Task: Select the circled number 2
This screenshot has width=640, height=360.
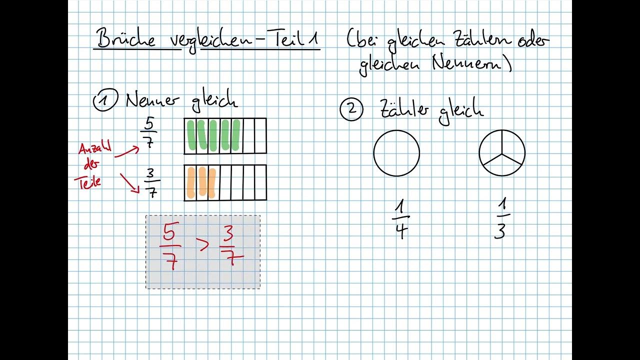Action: pyautogui.click(x=351, y=109)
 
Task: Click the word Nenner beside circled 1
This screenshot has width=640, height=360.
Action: pyautogui.click(x=152, y=100)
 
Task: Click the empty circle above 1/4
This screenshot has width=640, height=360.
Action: pyautogui.click(x=396, y=153)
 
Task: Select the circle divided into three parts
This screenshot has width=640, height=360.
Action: pyautogui.click(x=502, y=153)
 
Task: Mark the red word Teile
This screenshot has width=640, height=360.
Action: pyautogui.click(x=89, y=181)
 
